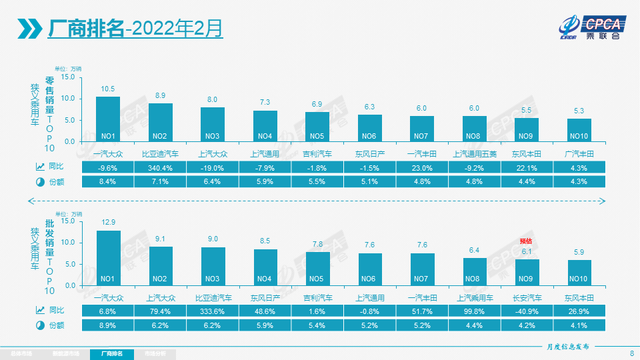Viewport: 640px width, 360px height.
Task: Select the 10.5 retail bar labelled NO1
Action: tap(107, 119)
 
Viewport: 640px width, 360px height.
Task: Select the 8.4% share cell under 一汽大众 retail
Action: tap(107, 183)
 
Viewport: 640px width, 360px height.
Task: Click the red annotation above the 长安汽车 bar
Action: tap(528, 241)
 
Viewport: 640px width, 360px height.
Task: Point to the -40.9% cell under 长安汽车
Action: tap(528, 311)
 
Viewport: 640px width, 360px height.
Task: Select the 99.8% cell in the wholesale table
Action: tap(475, 311)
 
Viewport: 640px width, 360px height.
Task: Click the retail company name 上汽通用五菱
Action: tap(475, 154)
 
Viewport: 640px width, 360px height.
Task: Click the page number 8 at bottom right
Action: tap(631, 341)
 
